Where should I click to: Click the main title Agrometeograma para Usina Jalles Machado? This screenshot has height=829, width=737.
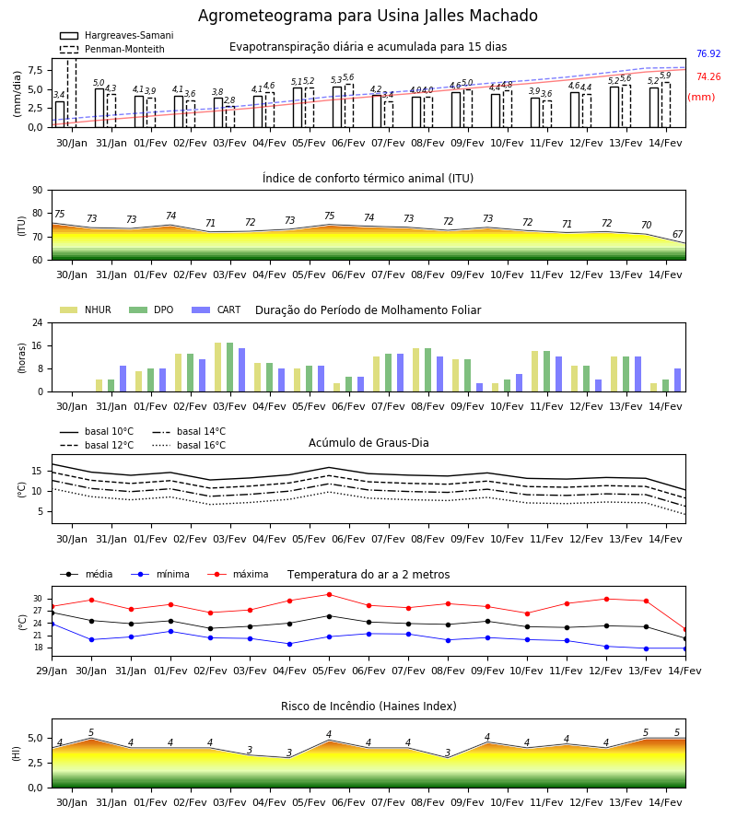368,16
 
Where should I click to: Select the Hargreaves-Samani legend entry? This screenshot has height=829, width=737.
116,35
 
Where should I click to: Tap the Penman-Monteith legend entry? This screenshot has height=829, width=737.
112,49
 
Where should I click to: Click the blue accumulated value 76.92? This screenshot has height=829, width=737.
708,54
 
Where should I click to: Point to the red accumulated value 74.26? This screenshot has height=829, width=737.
708,76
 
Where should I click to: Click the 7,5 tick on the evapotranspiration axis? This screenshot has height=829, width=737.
36,70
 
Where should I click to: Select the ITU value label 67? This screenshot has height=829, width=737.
678,234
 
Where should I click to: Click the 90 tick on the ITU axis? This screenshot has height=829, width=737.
38,191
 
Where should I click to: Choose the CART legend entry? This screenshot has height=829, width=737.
216,309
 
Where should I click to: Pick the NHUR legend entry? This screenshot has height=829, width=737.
86,309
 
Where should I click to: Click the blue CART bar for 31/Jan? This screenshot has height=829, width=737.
123,379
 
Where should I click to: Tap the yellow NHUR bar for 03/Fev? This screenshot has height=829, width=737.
217,368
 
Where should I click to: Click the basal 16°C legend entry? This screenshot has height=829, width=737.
189,445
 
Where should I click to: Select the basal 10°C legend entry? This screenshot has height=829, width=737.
97,431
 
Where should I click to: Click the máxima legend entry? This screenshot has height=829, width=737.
238,574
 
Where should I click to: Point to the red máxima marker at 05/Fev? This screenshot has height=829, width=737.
330,594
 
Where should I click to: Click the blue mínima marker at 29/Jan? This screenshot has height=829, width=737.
53,624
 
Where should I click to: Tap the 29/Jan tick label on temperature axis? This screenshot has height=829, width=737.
52,671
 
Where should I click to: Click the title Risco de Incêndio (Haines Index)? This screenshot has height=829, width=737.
368,706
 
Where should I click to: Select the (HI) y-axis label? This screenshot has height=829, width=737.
16,753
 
